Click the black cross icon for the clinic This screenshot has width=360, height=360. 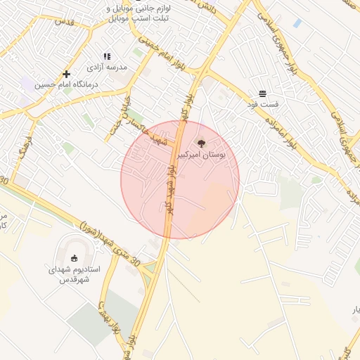[66, 74]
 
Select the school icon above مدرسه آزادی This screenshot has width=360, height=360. [107, 56]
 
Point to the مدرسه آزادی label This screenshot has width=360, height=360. [107, 67]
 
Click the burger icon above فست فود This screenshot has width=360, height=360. [262, 94]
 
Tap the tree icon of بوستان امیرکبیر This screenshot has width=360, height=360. [202, 143]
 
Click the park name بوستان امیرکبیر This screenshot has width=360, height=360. [202, 155]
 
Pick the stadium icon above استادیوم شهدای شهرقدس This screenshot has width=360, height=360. [75, 257]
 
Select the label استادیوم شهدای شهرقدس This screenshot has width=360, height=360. [74, 274]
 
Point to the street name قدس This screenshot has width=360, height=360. [64, 22]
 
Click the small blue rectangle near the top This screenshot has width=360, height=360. [297, 23]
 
